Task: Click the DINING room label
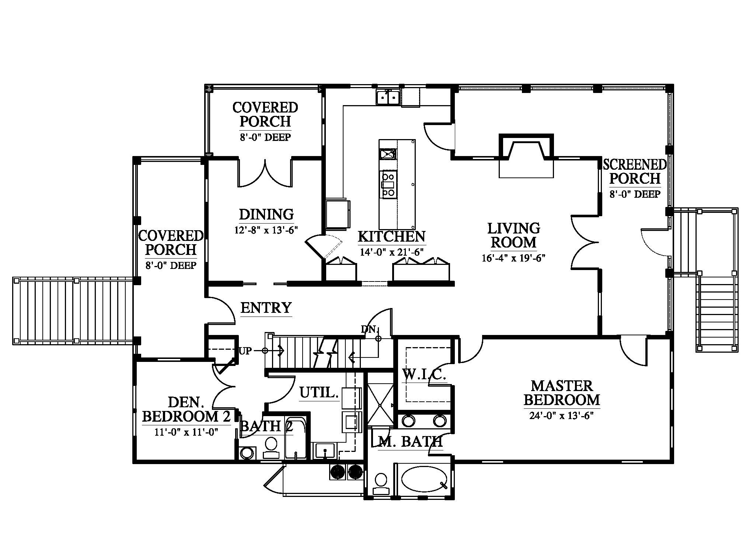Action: pos(266,214)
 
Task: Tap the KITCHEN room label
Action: pos(391,236)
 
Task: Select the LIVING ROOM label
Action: pos(514,235)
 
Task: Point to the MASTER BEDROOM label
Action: pos(562,393)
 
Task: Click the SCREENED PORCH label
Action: pos(635,172)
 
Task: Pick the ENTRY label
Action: pos(266,307)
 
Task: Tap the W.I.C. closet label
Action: pos(424,375)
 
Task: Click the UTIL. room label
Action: pos(319,393)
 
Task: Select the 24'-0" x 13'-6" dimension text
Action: pos(562,416)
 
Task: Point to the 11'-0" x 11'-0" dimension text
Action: pos(186,432)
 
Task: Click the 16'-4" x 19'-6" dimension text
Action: pos(513,258)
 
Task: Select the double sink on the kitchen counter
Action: pos(388,97)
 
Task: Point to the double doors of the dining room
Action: pos(265,173)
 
